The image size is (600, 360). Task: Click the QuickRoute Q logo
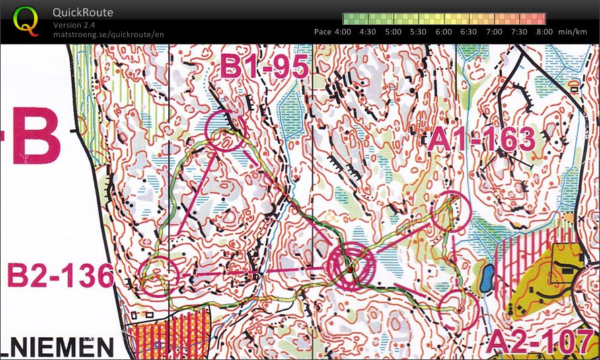[x=26, y=20]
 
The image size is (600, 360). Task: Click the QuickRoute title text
[x=83, y=12]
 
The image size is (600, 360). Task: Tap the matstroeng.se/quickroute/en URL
[x=108, y=34]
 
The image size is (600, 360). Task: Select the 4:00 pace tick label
[x=342, y=31]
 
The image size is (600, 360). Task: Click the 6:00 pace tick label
[x=443, y=31]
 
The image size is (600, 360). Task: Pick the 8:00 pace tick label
[x=544, y=31]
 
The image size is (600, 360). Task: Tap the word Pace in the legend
[x=323, y=31]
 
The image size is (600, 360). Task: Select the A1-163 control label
[x=482, y=139]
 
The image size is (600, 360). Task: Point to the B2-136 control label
[x=59, y=277]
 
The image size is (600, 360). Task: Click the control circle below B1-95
[x=225, y=130]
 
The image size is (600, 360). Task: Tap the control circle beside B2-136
[x=158, y=277]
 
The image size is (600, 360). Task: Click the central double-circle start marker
[x=350, y=268]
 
